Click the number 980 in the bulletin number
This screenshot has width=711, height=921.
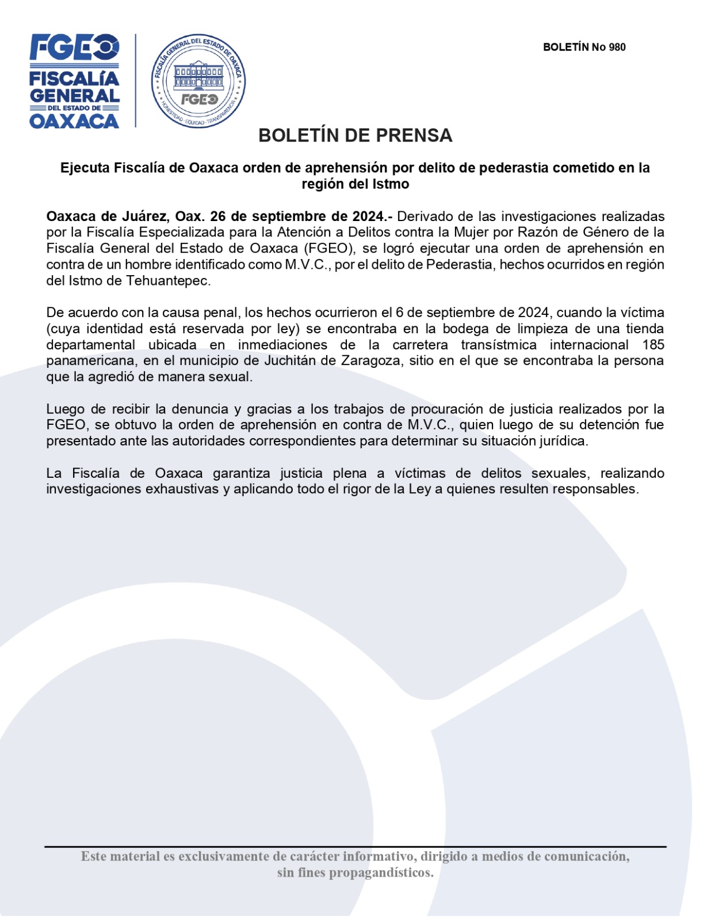pos(617,47)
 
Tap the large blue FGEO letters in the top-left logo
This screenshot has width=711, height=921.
pos(74,47)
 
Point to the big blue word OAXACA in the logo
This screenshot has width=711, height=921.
pos(74,121)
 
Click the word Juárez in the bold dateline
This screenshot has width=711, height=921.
pos(144,216)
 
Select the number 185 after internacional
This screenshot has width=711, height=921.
pos(653,345)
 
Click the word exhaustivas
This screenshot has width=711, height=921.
pos(182,489)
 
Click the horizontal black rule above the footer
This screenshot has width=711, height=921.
pos(355,847)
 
